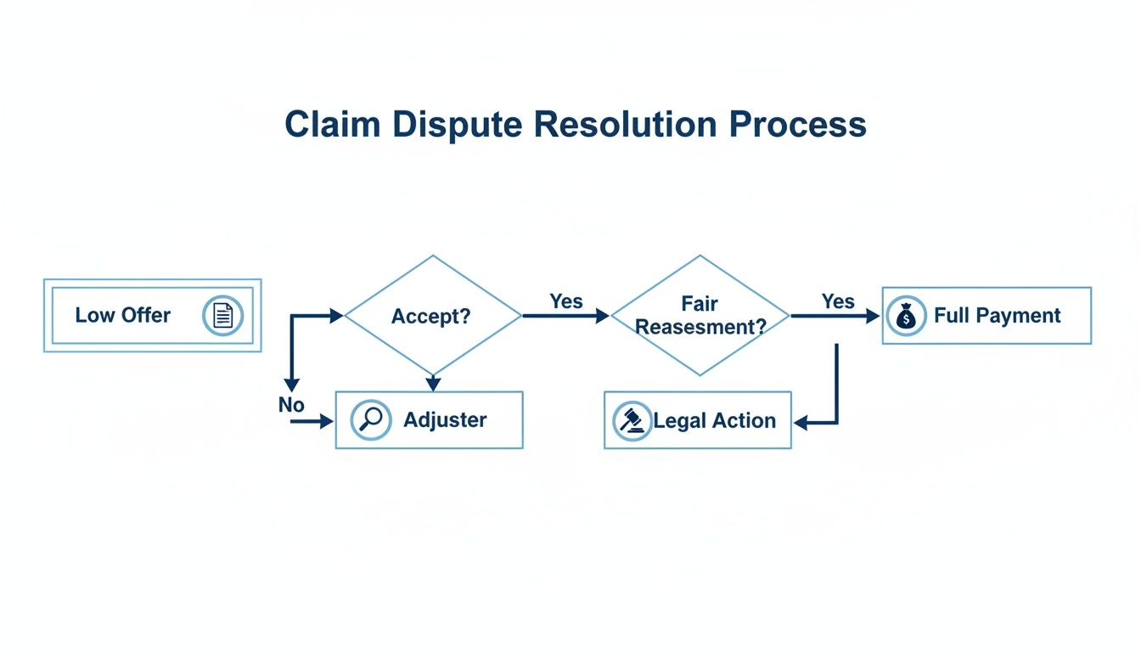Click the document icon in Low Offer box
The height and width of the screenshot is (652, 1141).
point(222,316)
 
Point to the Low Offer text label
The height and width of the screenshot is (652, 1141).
point(122,315)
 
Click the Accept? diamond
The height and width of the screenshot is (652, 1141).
point(432,316)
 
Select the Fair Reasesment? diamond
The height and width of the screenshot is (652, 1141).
point(700,315)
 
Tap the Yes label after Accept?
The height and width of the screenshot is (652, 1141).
point(566,301)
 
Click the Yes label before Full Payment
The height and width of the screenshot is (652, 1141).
point(838,301)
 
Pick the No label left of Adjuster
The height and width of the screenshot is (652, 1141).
point(291,405)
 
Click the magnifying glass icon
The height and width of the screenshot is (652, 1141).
point(371,420)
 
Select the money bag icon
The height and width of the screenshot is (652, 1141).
point(906,317)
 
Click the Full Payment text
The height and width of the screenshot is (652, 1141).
point(997,316)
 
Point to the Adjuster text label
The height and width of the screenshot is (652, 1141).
point(445,419)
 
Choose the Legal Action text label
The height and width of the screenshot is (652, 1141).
point(714,420)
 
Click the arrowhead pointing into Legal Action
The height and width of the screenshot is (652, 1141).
point(800,422)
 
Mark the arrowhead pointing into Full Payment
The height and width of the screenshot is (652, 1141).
point(873,316)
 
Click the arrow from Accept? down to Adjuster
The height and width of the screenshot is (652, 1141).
point(433,383)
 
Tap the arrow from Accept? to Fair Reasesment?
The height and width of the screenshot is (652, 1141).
point(565,316)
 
